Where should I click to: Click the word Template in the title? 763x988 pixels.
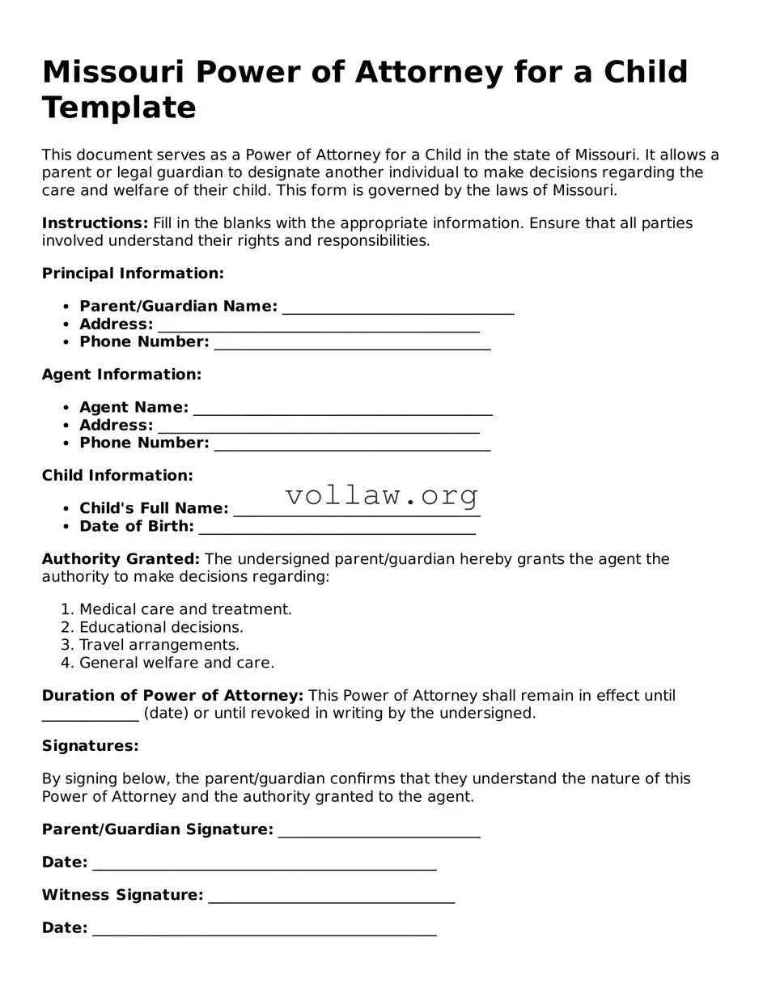click(x=119, y=108)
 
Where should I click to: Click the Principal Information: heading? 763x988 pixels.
click(x=133, y=274)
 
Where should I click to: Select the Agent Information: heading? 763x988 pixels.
click(x=121, y=375)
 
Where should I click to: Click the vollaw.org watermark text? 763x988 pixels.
click(x=382, y=495)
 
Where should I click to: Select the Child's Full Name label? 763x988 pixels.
click(x=154, y=509)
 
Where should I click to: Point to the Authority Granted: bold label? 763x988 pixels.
click(x=121, y=559)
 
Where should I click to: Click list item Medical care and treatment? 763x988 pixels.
click(x=185, y=609)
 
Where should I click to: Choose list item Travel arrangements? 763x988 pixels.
click(x=159, y=645)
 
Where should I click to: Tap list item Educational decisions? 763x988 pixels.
click(x=161, y=627)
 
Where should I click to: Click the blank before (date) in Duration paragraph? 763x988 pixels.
click(x=90, y=716)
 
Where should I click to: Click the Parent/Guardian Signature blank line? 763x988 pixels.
click(x=379, y=833)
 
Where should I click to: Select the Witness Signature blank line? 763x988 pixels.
click(x=331, y=898)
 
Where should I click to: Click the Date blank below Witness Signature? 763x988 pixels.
click(x=264, y=931)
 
